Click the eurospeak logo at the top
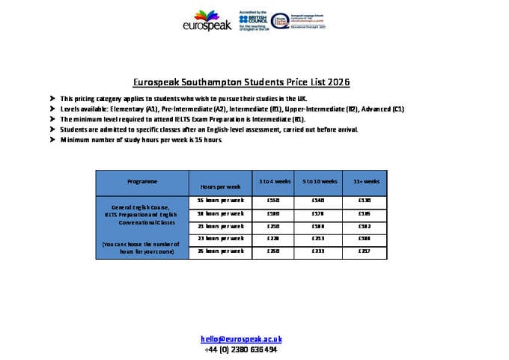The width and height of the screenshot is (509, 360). (207, 21)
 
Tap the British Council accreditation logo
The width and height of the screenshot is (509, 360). (254, 20)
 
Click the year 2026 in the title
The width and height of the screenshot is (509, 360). (338, 82)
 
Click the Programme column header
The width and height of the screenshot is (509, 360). (142, 182)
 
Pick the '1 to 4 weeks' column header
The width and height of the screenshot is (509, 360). (273, 182)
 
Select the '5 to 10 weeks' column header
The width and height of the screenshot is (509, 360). (320, 182)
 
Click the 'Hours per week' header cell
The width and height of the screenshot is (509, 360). (220, 186)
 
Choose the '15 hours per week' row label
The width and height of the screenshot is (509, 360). (220, 201)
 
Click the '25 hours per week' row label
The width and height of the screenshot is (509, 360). (220, 251)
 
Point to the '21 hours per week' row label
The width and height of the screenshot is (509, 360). (220, 226)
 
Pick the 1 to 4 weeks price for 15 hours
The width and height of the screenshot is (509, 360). (273, 201)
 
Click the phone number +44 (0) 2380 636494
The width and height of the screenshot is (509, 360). (240, 350)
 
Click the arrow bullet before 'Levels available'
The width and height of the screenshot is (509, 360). (52, 109)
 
